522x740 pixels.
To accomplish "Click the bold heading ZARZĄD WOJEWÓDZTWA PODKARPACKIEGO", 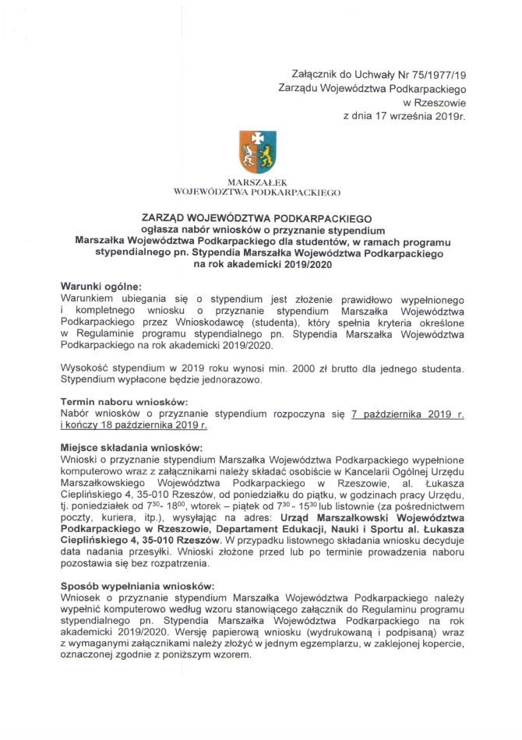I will [260, 220].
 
